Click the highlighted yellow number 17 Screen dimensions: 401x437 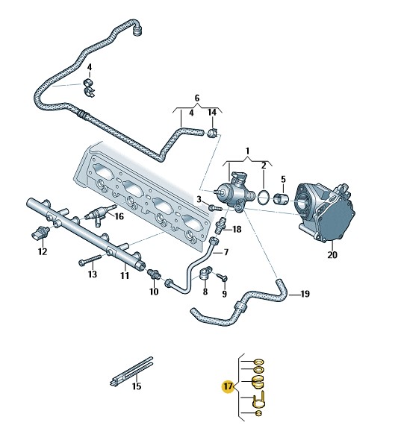tap(228, 386)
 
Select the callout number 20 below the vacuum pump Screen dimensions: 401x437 tap(332, 254)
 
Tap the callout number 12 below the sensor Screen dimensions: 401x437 tap(43, 251)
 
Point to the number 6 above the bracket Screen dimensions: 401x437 tap(197, 98)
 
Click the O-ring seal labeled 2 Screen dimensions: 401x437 tap(264, 198)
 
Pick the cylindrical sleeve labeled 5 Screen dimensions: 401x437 tap(281, 198)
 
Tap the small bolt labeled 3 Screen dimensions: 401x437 tap(215, 207)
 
